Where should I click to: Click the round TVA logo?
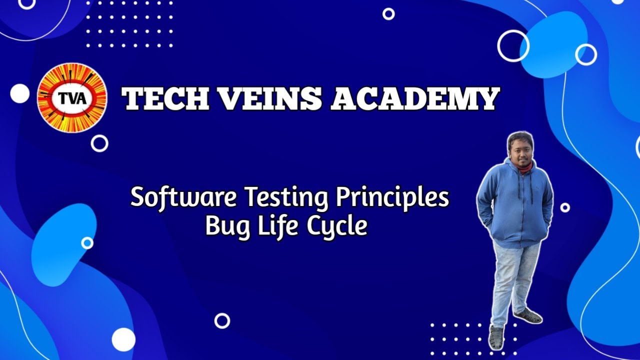pos(72,97)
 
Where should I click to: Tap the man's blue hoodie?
pos(514,205)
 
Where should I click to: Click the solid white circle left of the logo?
pos(20,93)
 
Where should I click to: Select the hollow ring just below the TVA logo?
pos(99,143)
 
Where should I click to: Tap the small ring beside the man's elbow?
pos(565,207)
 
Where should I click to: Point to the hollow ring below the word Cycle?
pos(222,320)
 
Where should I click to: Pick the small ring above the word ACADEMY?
pos(388,14)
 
